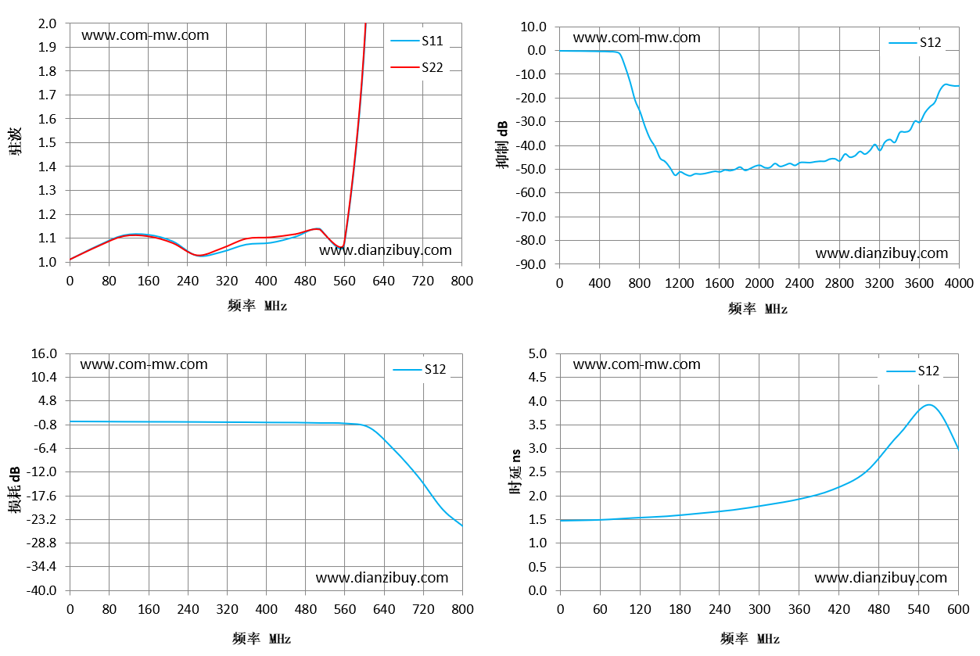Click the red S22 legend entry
(417, 67)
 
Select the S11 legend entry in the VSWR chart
(417, 41)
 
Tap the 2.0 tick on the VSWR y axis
(47, 23)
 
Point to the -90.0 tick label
(531, 264)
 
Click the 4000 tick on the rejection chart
(959, 283)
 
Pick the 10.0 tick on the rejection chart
(533, 27)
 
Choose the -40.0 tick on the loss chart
(41, 590)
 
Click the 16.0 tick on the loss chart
(44, 353)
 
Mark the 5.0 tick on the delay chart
(537, 353)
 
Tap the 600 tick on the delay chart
(958, 609)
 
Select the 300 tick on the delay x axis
(759, 609)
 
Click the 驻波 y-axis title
(14, 142)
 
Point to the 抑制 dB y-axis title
(502, 145)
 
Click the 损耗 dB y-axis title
(14, 489)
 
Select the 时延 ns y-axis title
(515, 471)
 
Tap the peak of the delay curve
(928, 405)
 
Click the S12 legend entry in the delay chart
(913, 371)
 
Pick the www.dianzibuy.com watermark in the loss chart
(382, 578)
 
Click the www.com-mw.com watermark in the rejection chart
(637, 38)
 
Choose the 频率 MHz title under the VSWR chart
(257, 305)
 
